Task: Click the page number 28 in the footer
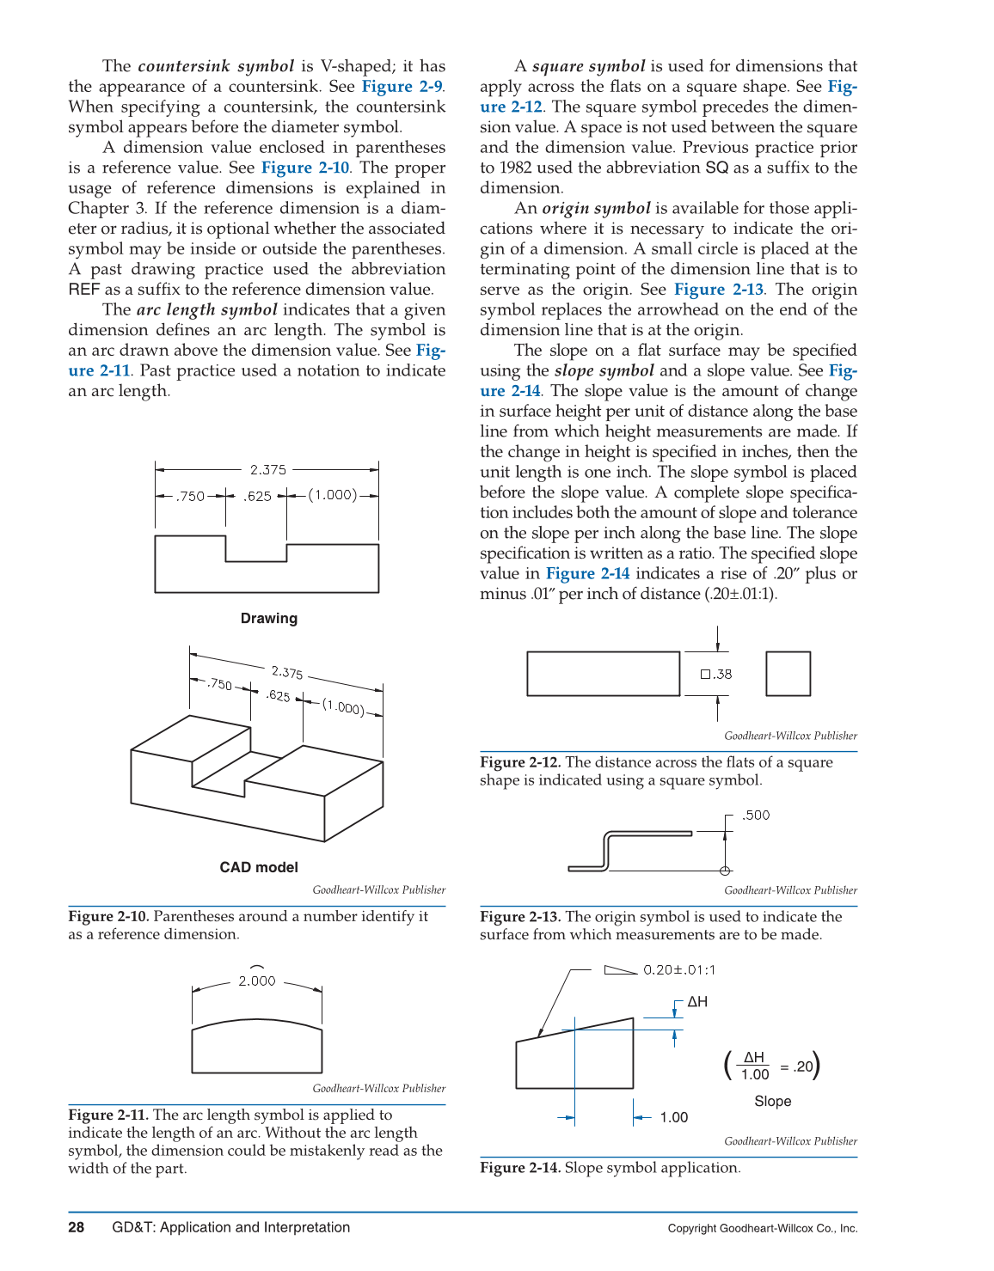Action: [x=77, y=1227]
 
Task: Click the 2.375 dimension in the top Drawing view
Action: [x=268, y=470]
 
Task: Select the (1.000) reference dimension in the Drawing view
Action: [x=333, y=495]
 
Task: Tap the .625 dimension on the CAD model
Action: [x=278, y=695]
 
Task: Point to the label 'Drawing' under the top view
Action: [x=268, y=618]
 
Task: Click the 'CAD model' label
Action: [x=259, y=867]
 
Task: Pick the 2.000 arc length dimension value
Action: [x=257, y=981]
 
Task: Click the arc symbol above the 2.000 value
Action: [x=256, y=968]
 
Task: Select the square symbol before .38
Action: [x=705, y=675]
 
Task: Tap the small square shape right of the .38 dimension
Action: [x=788, y=674]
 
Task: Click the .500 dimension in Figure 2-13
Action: [x=756, y=816]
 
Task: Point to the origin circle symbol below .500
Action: [x=725, y=871]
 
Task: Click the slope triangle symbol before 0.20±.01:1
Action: [x=621, y=970]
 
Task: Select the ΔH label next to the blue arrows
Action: [x=697, y=1002]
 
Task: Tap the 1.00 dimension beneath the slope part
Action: [x=674, y=1117]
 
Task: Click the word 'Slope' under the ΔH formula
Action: [x=772, y=1102]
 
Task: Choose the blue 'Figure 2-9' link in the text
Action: [x=402, y=86]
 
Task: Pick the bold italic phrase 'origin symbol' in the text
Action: [x=596, y=208]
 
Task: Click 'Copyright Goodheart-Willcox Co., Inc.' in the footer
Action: [x=763, y=1228]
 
